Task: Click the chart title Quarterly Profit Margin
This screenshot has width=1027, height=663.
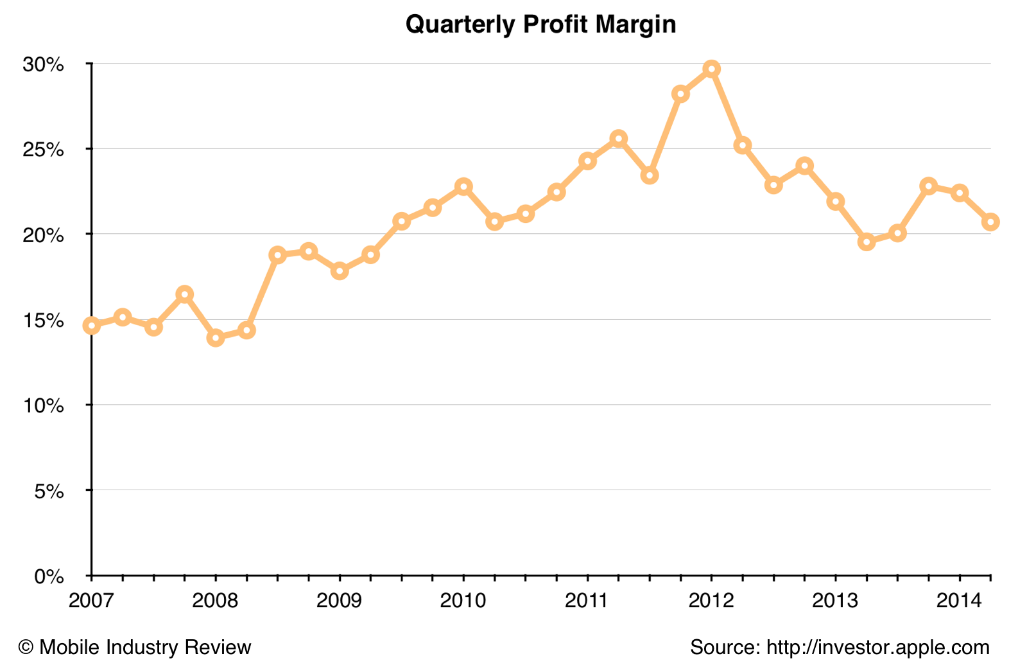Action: [540, 24]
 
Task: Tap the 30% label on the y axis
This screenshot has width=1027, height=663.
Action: [44, 64]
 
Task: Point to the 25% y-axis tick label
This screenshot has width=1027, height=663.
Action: [44, 150]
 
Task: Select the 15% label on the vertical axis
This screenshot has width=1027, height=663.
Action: [44, 320]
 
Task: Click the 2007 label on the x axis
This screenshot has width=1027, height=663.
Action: [91, 601]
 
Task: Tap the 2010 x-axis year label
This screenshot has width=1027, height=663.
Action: [463, 601]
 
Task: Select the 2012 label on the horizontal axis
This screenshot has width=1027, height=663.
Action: [711, 601]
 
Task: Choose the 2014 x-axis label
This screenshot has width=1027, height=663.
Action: [959, 601]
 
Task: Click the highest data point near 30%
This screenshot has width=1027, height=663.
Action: [711, 69]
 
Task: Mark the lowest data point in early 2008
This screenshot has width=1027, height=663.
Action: [216, 337]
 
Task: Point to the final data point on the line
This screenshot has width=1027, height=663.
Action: [990, 222]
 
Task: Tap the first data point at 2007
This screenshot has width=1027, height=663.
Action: [92, 326]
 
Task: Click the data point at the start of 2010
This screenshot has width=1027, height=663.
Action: [463, 186]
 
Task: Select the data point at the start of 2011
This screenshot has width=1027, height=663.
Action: [587, 161]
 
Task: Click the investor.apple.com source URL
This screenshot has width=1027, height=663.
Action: [878, 647]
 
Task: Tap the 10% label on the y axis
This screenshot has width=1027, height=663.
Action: [44, 405]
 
